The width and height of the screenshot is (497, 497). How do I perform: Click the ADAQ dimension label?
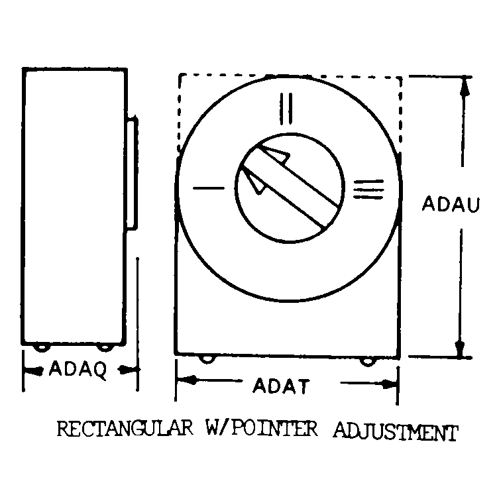click(x=78, y=369)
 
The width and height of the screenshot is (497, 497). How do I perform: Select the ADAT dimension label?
click(x=281, y=386)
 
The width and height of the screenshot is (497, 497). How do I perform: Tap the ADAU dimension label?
click(x=451, y=204)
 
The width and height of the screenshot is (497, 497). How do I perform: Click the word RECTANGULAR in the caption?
click(x=125, y=429)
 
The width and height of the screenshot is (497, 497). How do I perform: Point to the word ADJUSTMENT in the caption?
click(x=396, y=431)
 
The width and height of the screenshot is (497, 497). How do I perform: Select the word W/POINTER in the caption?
click(x=262, y=429)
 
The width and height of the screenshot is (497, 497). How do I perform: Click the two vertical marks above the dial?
click(x=286, y=109)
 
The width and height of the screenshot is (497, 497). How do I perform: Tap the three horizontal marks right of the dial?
click(x=368, y=190)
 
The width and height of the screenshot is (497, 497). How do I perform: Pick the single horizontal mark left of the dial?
click(x=209, y=188)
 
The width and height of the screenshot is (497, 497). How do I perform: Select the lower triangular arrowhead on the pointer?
click(x=254, y=182)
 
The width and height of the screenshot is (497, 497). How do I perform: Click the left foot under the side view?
click(x=42, y=348)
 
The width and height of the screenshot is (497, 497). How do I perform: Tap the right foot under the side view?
click(x=105, y=348)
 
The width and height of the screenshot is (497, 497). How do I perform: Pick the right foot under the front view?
click(x=368, y=361)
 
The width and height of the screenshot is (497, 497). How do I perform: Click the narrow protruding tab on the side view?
click(x=132, y=173)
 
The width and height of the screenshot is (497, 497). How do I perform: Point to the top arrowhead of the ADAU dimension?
click(x=465, y=86)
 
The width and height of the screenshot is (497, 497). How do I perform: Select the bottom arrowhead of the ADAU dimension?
click(x=460, y=349)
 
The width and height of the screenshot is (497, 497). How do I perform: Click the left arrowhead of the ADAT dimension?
click(x=188, y=380)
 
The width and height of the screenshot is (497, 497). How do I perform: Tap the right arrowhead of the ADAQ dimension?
click(x=129, y=369)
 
